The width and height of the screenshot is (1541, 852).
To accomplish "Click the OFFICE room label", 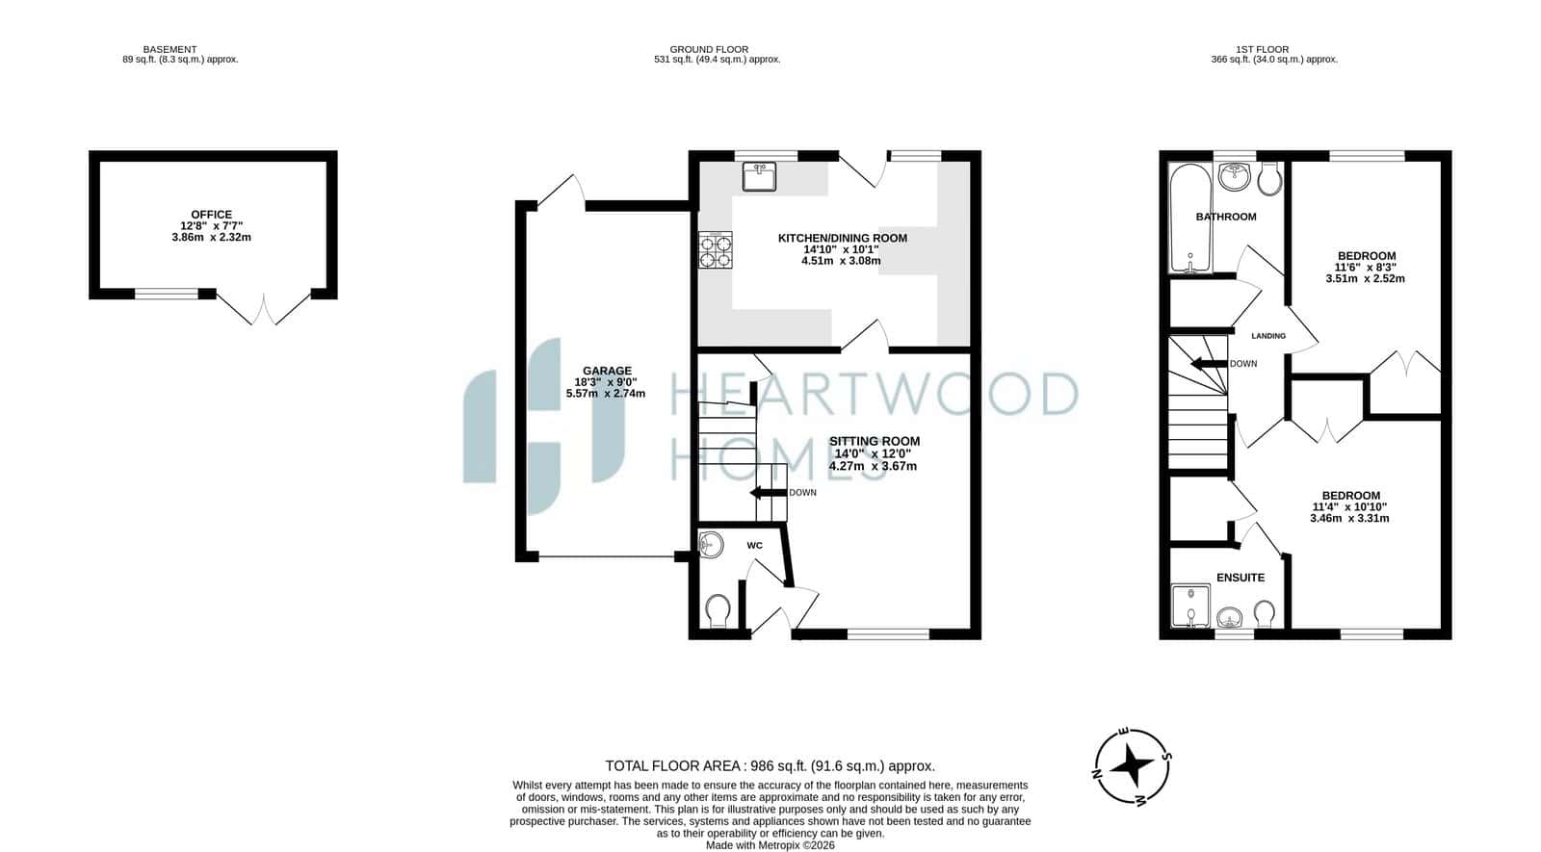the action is pos(211,215).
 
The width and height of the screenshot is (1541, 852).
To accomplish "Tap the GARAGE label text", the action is pos(607,371).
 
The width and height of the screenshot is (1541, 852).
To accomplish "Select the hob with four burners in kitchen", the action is pos(716,250).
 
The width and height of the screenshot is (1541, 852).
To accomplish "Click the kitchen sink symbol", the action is pos(760,176).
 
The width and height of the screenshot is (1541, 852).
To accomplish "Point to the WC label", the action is pos(755,545).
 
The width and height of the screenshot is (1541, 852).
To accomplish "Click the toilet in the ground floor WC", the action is pos(718,610).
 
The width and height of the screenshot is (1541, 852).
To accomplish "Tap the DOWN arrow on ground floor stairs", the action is pos(769,492).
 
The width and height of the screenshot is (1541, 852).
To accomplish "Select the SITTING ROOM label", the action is pos(875,442).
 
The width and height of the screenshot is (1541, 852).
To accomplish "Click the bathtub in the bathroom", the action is pos(1190,218).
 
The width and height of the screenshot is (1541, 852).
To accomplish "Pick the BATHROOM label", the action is pos(1226,217).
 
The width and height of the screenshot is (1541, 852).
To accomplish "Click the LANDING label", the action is pos(1267,336).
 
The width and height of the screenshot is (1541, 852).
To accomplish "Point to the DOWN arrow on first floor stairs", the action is pos(1209,364).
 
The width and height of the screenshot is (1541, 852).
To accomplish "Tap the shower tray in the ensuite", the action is pos(1190,606).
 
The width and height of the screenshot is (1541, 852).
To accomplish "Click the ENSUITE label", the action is pos(1241,578).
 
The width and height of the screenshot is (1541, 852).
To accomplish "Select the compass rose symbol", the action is pos(1133,766).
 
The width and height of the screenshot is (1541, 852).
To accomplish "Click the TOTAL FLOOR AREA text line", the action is pos(770,766).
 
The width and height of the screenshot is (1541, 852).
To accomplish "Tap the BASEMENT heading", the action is pos(170,49).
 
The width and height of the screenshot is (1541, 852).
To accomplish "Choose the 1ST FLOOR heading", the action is pos(1263,49).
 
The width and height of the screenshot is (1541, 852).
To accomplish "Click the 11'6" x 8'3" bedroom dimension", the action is pos(1366,268).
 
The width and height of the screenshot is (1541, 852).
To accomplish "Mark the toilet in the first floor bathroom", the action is pos(1270,178).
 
